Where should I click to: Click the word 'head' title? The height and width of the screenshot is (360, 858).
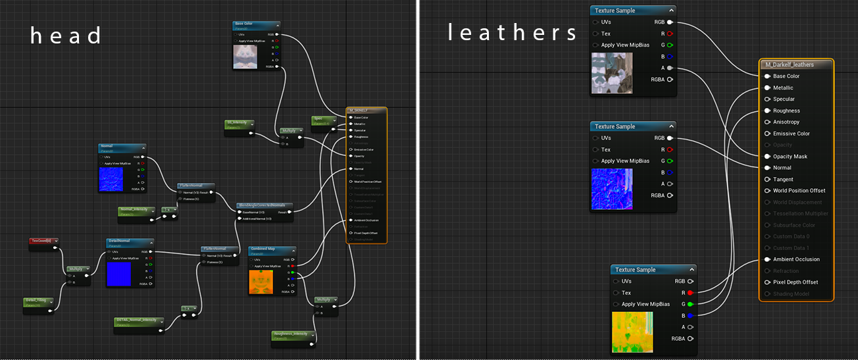pos(66,35)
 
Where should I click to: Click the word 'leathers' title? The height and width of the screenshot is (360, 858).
pos(512,32)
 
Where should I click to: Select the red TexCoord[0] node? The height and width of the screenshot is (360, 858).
pos(43,242)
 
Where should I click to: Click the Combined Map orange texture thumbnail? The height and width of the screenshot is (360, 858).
pos(261,281)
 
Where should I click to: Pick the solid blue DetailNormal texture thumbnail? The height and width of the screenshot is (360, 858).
pos(118,273)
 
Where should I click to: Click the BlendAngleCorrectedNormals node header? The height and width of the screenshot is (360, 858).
pos(265,205)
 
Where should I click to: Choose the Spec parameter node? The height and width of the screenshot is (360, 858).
pos(322,120)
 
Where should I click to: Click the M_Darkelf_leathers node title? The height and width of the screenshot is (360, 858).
pos(788,64)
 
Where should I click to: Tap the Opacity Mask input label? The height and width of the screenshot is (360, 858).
pos(790,157)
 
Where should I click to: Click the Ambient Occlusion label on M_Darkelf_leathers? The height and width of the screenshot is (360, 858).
pos(796,259)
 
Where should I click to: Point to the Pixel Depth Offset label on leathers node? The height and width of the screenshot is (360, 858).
pos(795,282)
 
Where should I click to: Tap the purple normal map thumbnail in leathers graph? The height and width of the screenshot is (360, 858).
pos(611,189)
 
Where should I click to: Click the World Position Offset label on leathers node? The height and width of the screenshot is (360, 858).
pos(799,191)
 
